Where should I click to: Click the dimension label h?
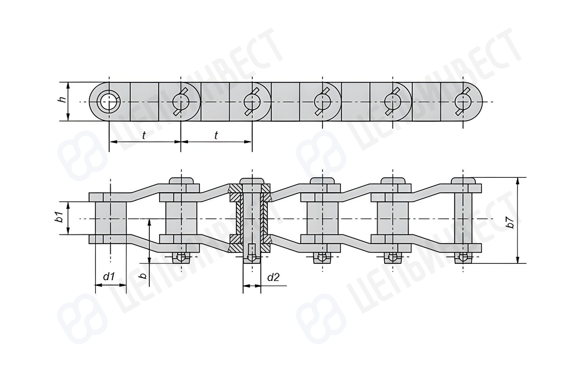pos(63,99)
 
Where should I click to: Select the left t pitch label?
pos(144,135)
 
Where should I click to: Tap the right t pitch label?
pos(216,135)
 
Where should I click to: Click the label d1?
pos(109,276)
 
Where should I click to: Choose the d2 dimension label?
pos(273,277)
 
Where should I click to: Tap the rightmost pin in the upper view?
pos(463,101)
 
